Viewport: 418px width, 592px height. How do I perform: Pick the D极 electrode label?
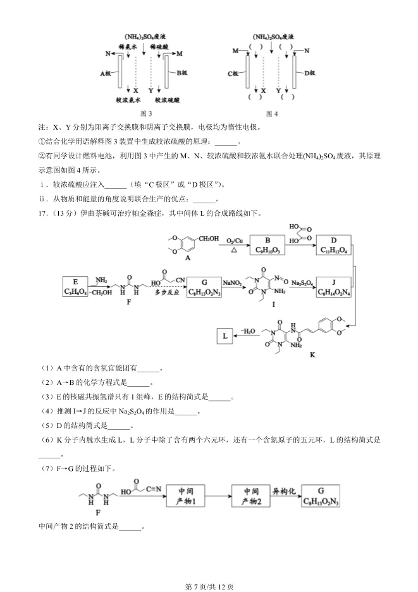(x=309, y=73)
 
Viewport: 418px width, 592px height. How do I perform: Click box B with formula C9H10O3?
(x=267, y=246)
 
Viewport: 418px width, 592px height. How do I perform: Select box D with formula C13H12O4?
(x=334, y=246)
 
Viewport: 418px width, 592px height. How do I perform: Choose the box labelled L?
(x=225, y=336)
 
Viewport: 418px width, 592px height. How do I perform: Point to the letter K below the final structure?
(x=312, y=355)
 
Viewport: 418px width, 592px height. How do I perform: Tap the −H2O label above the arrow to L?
(x=247, y=331)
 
